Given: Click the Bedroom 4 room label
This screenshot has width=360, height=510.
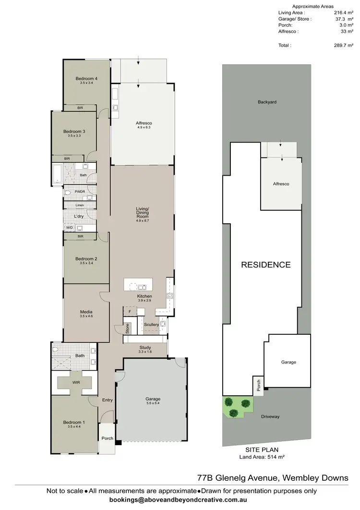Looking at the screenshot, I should [86, 79].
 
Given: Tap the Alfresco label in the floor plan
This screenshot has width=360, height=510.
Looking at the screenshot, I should [144, 123].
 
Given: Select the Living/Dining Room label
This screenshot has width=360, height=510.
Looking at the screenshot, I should [143, 212].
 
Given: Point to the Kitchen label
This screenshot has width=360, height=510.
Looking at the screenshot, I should [144, 296].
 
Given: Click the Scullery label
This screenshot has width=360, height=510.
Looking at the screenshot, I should [151, 325].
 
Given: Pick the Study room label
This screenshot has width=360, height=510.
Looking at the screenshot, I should [145, 347].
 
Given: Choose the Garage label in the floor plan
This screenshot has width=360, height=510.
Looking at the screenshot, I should [153, 399].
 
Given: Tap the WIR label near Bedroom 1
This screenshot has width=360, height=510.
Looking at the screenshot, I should [75, 383].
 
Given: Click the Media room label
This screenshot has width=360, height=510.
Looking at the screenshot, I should [86, 312].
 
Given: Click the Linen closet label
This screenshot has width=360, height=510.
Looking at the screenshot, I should [80, 205].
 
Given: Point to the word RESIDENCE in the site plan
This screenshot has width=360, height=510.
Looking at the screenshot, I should [265, 265].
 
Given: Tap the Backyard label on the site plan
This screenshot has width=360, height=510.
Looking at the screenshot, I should [267, 102].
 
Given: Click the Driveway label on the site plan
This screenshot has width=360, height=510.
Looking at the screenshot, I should [270, 416].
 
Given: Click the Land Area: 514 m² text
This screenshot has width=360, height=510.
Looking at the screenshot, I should [266, 457].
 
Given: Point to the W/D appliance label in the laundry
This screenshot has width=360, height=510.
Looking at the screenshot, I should [69, 228].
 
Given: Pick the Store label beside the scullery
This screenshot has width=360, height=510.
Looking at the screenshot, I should [127, 329].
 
